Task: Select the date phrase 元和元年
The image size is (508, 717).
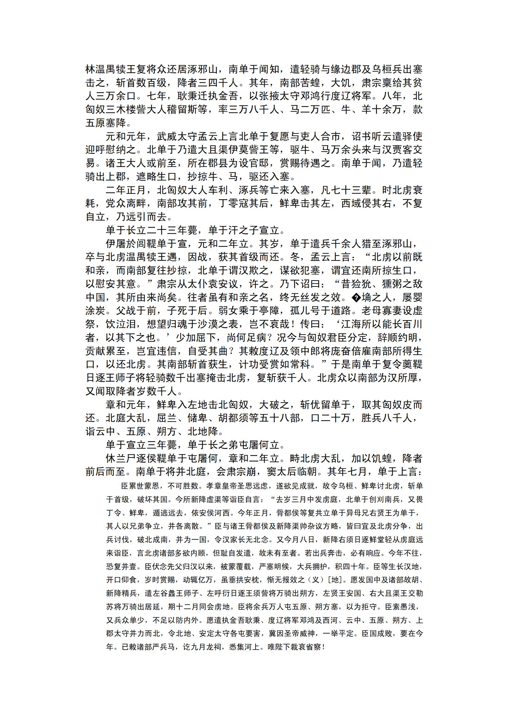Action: [x=126, y=136]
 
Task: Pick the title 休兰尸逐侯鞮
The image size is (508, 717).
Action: [x=136, y=458]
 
